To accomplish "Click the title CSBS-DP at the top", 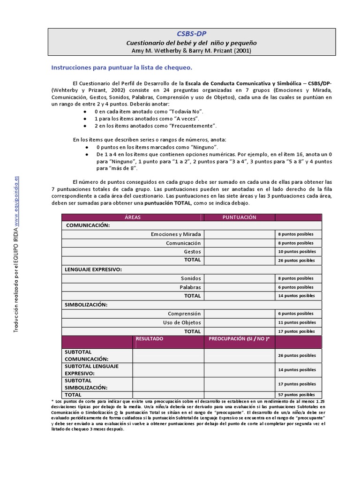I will (x=191, y=34).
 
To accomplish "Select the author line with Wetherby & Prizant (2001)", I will (x=191, y=51).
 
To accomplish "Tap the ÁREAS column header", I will (x=133, y=217).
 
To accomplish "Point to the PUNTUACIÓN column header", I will (x=239, y=217).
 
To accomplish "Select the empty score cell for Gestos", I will (x=239, y=252).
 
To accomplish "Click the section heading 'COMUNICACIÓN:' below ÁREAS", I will (x=88, y=225).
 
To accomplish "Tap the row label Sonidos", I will (x=190, y=278).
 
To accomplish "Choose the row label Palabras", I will (x=190, y=287).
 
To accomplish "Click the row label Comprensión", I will (x=184, y=314).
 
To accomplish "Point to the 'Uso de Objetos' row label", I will (x=181, y=322).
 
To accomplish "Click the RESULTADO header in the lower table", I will (x=150, y=338).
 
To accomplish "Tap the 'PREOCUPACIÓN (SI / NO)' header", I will (x=239, y=338).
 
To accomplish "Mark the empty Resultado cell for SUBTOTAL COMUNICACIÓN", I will (x=168, y=355).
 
